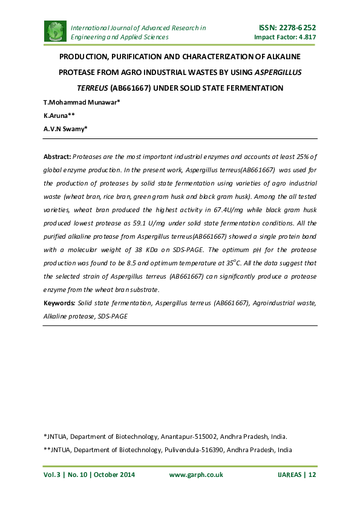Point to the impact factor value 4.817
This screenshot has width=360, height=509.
click(306, 37)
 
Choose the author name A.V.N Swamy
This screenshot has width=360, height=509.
click(65, 128)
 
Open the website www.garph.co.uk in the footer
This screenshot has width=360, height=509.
click(195, 475)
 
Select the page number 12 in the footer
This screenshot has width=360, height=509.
click(312, 475)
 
